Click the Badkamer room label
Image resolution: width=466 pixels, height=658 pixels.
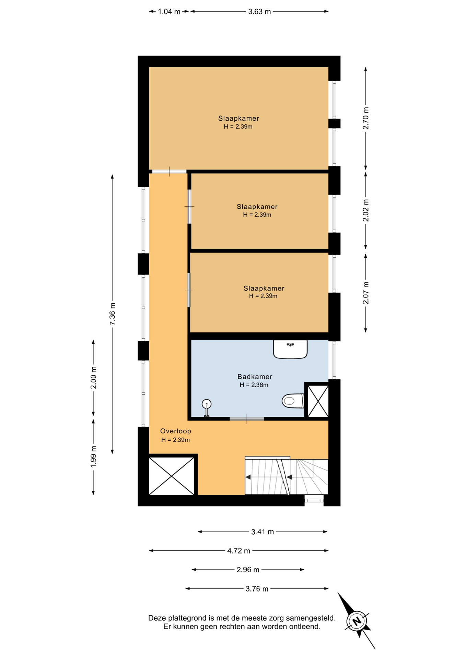(x=255, y=377)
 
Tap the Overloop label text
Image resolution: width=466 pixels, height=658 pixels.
(x=175, y=431)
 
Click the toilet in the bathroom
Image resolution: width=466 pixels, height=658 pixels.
(x=293, y=401)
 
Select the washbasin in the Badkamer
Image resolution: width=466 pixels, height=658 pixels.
(x=290, y=349)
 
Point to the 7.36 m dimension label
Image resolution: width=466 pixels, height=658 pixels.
(x=113, y=314)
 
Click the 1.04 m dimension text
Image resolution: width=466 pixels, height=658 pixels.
(x=169, y=12)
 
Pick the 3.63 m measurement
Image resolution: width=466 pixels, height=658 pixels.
(x=259, y=12)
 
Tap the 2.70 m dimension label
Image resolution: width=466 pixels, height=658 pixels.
(x=366, y=118)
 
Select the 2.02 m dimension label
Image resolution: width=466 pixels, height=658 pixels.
(x=366, y=210)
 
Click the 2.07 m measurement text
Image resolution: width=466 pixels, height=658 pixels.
(x=366, y=293)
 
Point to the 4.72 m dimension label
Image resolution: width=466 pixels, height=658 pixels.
(x=238, y=551)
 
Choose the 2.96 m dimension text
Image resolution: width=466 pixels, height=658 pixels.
(x=248, y=570)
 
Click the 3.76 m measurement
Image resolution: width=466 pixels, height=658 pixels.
(x=257, y=589)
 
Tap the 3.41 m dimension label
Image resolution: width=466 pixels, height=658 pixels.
(x=263, y=532)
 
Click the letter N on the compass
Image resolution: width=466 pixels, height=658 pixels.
(x=357, y=621)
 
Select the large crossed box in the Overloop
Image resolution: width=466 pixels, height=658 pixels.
(x=172, y=476)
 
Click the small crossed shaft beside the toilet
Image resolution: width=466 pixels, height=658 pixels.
(x=318, y=401)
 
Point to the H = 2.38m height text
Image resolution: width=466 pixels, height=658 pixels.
(x=254, y=385)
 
